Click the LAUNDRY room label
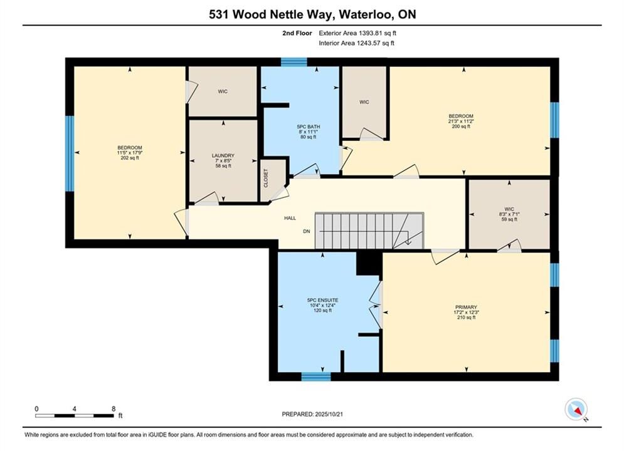tap(223, 156)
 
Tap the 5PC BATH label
tap(309, 127)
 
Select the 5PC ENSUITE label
tap(322, 301)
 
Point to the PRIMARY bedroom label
tap(466, 307)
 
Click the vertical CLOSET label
tap(266, 179)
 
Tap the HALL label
tap(290, 218)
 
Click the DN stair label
tap(307, 231)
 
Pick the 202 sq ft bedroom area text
tap(130, 158)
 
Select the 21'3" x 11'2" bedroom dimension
tap(461, 121)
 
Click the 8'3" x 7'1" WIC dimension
tap(509, 214)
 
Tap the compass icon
tap(576, 409)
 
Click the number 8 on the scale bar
tap(114, 408)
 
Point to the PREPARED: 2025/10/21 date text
tap(312, 414)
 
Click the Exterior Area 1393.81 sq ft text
tap(357, 33)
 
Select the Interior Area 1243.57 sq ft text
tap(356, 43)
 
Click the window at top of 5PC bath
tap(294, 62)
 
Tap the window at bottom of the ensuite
tap(316, 376)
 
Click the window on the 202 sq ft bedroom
tap(70, 153)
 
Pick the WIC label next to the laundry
tap(223, 92)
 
